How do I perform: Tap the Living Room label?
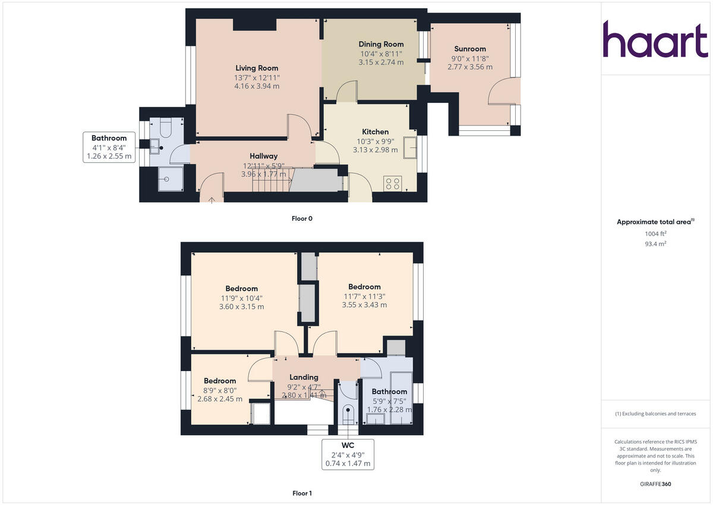(x=257, y=68)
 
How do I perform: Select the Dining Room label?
(x=381, y=44)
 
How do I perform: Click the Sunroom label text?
(x=470, y=49)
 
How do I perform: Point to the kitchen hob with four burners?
(x=392, y=183)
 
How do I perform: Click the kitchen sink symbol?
(x=409, y=148)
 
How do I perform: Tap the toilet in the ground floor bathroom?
(x=165, y=127)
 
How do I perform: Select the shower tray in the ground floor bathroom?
(x=171, y=178)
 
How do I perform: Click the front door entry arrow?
(x=212, y=199)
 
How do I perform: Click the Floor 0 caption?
(x=302, y=218)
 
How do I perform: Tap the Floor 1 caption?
(x=302, y=493)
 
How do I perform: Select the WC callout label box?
(x=348, y=454)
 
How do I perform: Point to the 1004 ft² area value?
(x=655, y=234)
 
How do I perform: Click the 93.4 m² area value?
(x=655, y=244)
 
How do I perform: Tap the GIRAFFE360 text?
(x=655, y=484)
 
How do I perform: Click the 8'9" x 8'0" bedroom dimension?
(x=220, y=390)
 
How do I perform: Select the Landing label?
(x=304, y=377)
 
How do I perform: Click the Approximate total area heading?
(x=654, y=222)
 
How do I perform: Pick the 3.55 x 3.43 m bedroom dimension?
(x=364, y=305)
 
